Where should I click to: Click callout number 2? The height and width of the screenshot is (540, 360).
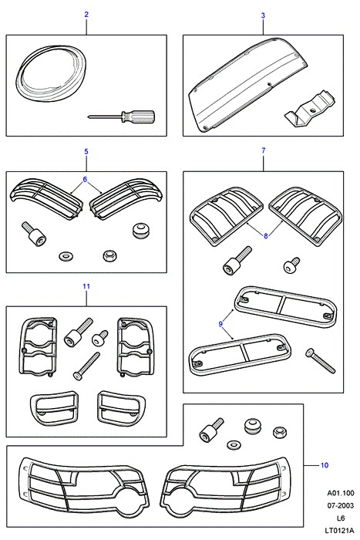pos(86,15)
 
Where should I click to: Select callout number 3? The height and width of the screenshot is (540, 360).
pos(264,15)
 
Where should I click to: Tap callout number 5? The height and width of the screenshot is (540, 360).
pos(86,151)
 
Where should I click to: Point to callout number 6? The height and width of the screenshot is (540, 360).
pos(85,180)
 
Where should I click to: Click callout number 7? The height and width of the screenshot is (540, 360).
pos(264,150)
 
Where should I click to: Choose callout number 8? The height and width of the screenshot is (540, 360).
pos(266,236)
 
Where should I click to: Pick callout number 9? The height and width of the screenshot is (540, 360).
pos(220,324)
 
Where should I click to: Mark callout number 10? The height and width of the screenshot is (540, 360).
pos(325,465)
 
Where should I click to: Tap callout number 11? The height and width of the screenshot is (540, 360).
pos(86,286)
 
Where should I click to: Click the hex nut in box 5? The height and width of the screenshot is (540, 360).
pos(110,256)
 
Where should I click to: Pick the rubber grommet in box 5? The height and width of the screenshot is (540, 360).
pos(140,231)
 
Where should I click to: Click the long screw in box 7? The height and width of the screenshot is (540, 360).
pos(320,361)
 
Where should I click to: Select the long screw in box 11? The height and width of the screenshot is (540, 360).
pos(86,366)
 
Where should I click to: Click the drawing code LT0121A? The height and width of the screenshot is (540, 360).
pos(338,531)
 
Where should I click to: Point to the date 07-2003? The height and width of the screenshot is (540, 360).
pos(340,505)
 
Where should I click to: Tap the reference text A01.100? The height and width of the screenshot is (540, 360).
pos(341,493)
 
